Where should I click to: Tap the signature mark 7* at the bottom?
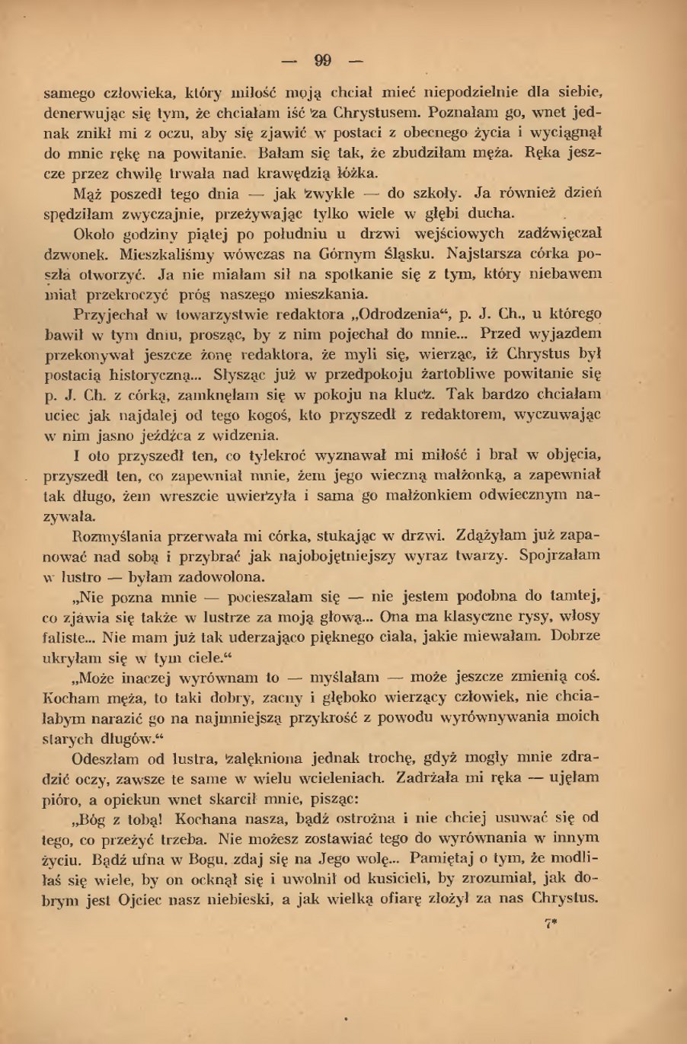[552, 923]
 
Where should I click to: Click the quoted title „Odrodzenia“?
[388, 313]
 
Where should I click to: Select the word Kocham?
[69, 697]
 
